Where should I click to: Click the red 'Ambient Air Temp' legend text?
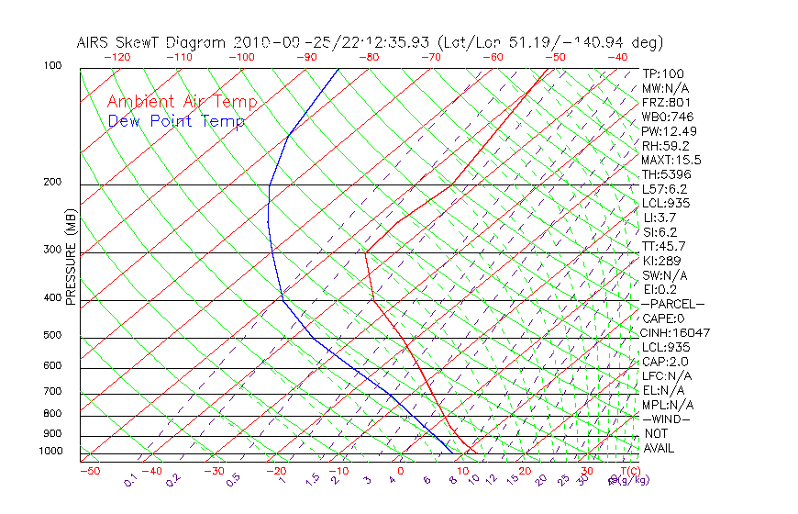point(182,102)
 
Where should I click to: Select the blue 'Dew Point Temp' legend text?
point(176,121)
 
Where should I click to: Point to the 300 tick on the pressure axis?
point(52,250)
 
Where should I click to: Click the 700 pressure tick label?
point(52,392)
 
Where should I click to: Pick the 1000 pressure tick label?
point(50,452)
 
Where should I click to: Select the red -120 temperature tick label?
point(117,57)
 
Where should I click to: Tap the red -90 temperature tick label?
point(306,57)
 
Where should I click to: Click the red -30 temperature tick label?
point(213,471)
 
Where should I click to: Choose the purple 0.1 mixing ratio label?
point(131,481)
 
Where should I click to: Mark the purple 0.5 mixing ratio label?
point(234,481)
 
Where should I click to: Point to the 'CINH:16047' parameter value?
point(675,332)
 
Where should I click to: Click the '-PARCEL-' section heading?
point(672,304)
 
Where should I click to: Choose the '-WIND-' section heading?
point(667,419)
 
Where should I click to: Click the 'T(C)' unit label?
point(627,471)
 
